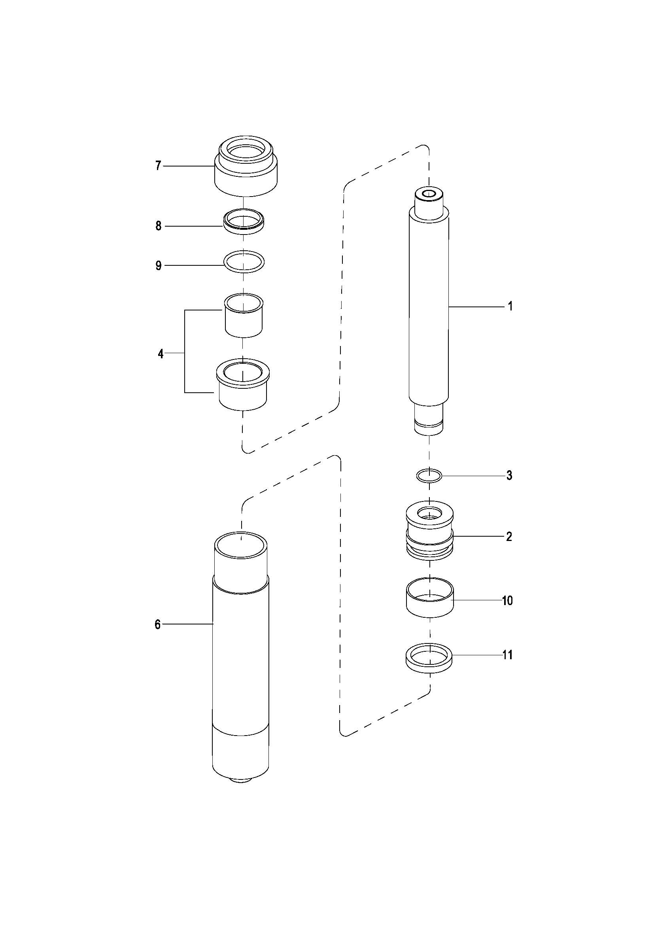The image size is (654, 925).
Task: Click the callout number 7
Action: pyautogui.click(x=158, y=166)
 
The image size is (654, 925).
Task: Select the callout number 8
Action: pyautogui.click(x=158, y=226)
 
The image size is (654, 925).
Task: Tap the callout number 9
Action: pyautogui.click(x=158, y=265)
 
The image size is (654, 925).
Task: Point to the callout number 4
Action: pyautogui.click(x=161, y=354)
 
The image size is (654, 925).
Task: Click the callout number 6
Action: pyautogui.click(x=157, y=624)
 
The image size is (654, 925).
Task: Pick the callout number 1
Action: pyautogui.click(x=510, y=306)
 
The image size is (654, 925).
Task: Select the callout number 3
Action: pyautogui.click(x=509, y=475)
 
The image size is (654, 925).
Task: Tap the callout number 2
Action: pyautogui.click(x=509, y=537)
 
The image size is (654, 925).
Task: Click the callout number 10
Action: pyautogui.click(x=507, y=601)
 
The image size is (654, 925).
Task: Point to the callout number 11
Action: pyautogui.click(x=507, y=655)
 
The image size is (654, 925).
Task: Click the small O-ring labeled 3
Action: pyautogui.click(x=429, y=476)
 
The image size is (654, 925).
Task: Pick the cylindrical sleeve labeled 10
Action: pyautogui.click(x=429, y=603)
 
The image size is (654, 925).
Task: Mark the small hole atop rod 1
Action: pyautogui.click(x=430, y=194)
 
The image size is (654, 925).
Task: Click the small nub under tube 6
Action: pyautogui.click(x=241, y=780)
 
